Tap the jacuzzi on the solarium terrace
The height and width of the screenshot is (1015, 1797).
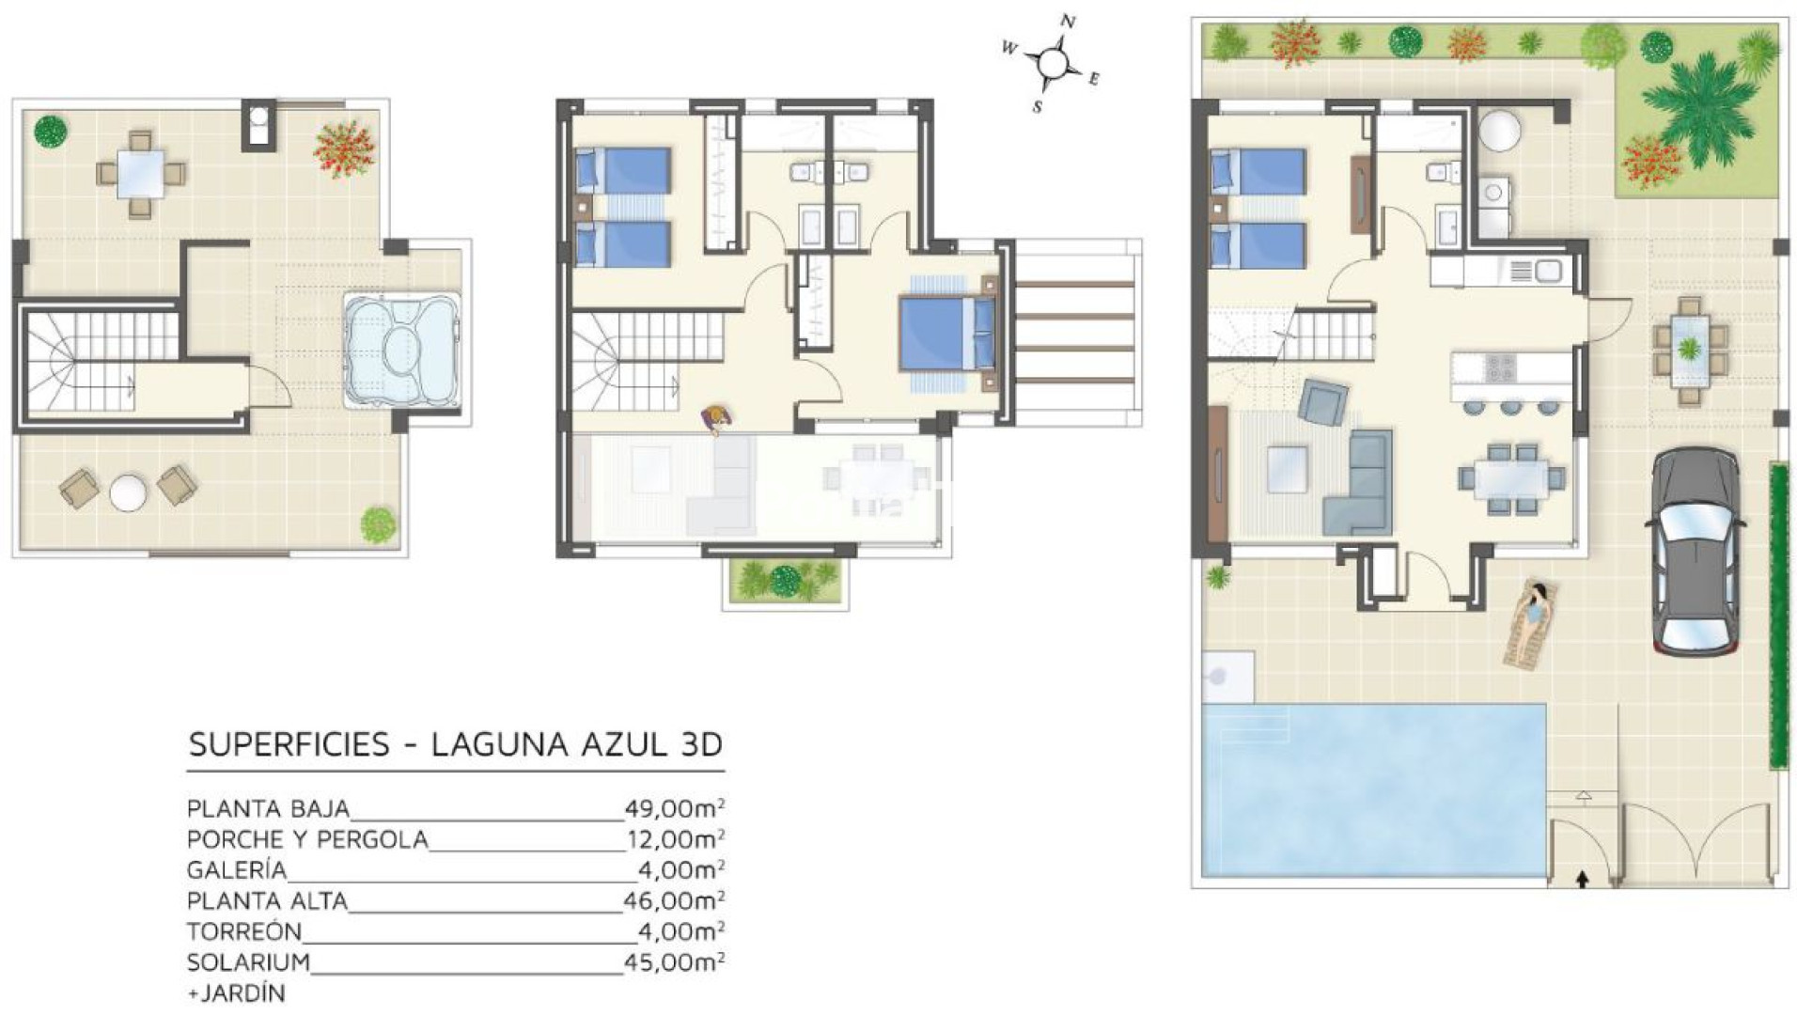point(401,351)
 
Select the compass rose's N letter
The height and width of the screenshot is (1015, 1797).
point(1068,22)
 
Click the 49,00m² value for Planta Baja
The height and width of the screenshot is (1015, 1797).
point(674,808)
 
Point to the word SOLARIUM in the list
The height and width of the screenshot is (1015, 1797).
point(248,962)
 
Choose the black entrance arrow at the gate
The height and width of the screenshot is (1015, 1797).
point(1583,879)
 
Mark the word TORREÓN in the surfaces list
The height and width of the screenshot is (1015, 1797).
point(244,931)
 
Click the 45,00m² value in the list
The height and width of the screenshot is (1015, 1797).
point(674,962)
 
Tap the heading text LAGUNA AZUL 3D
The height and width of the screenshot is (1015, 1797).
point(577,744)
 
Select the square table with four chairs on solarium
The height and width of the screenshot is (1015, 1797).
point(141,174)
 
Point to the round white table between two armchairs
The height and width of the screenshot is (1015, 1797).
point(128,492)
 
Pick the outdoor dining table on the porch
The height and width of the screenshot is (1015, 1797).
point(1690,351)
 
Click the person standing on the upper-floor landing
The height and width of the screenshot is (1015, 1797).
point(717,419)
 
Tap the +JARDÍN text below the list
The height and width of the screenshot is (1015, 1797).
point(236,992)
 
